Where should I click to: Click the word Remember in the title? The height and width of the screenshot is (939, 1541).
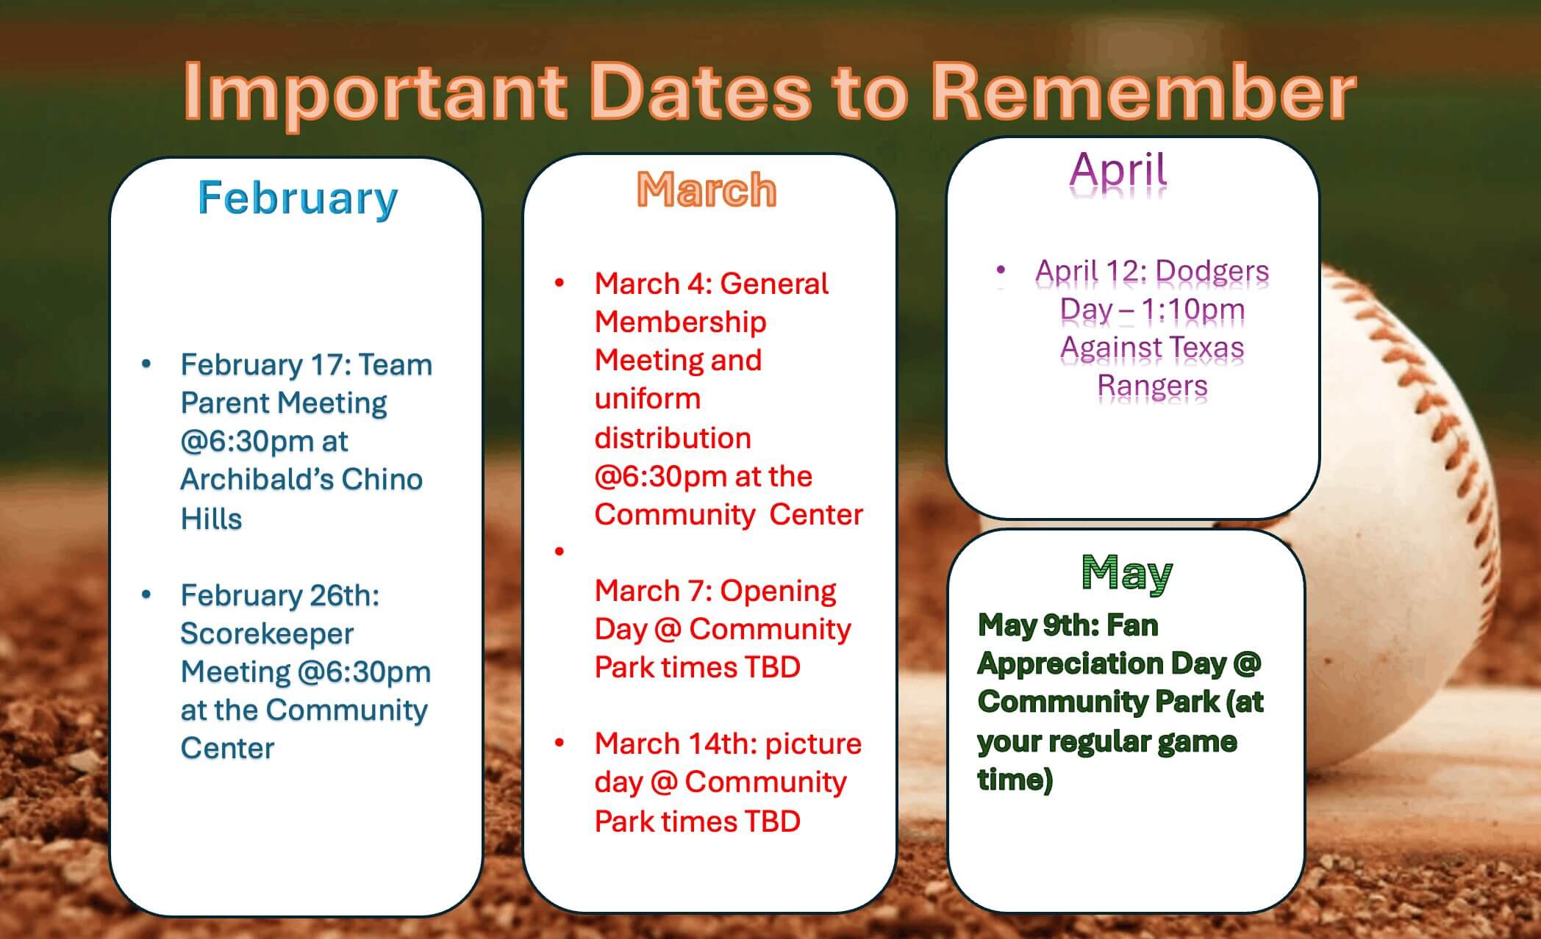tap(1143, 93)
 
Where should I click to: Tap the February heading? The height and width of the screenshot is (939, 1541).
tap(298, 198)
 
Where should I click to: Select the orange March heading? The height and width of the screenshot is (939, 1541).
tap(707, 190)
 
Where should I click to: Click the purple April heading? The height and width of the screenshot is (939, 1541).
tap(1118, 170)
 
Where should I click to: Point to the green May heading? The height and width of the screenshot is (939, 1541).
tap(1127, 573)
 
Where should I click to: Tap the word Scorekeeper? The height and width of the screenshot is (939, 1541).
tap(267, 633)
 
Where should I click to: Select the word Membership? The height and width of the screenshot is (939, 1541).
tap(680, 322)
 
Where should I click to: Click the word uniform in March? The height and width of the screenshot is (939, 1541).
tap(648, 399)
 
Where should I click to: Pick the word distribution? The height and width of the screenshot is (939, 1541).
tap(673, 438)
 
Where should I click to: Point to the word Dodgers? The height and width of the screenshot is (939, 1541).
tap(1212, 271)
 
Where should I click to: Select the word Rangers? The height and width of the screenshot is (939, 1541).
tap(1152, 386)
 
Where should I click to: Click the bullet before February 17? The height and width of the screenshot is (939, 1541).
tap(146, 364)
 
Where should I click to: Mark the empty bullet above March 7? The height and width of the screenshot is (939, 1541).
tap(559, 551)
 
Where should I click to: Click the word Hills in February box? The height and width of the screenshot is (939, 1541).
tap(211, 519)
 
